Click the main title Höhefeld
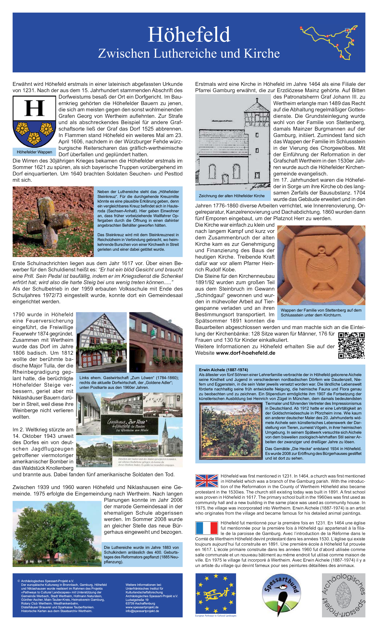tap(189, 35)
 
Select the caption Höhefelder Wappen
tap(34, 152)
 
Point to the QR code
tap(351, 346)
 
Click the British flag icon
tap(207, 481)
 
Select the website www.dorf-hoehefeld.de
tap(245, 353)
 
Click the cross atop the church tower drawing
tap(257, 100)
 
